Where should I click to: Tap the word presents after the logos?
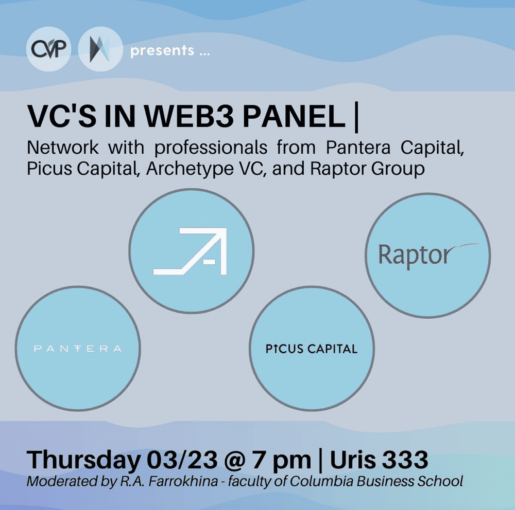click(162, 51)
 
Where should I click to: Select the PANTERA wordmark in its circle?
click(77, 349)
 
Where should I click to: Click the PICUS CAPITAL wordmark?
click(311, 349)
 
